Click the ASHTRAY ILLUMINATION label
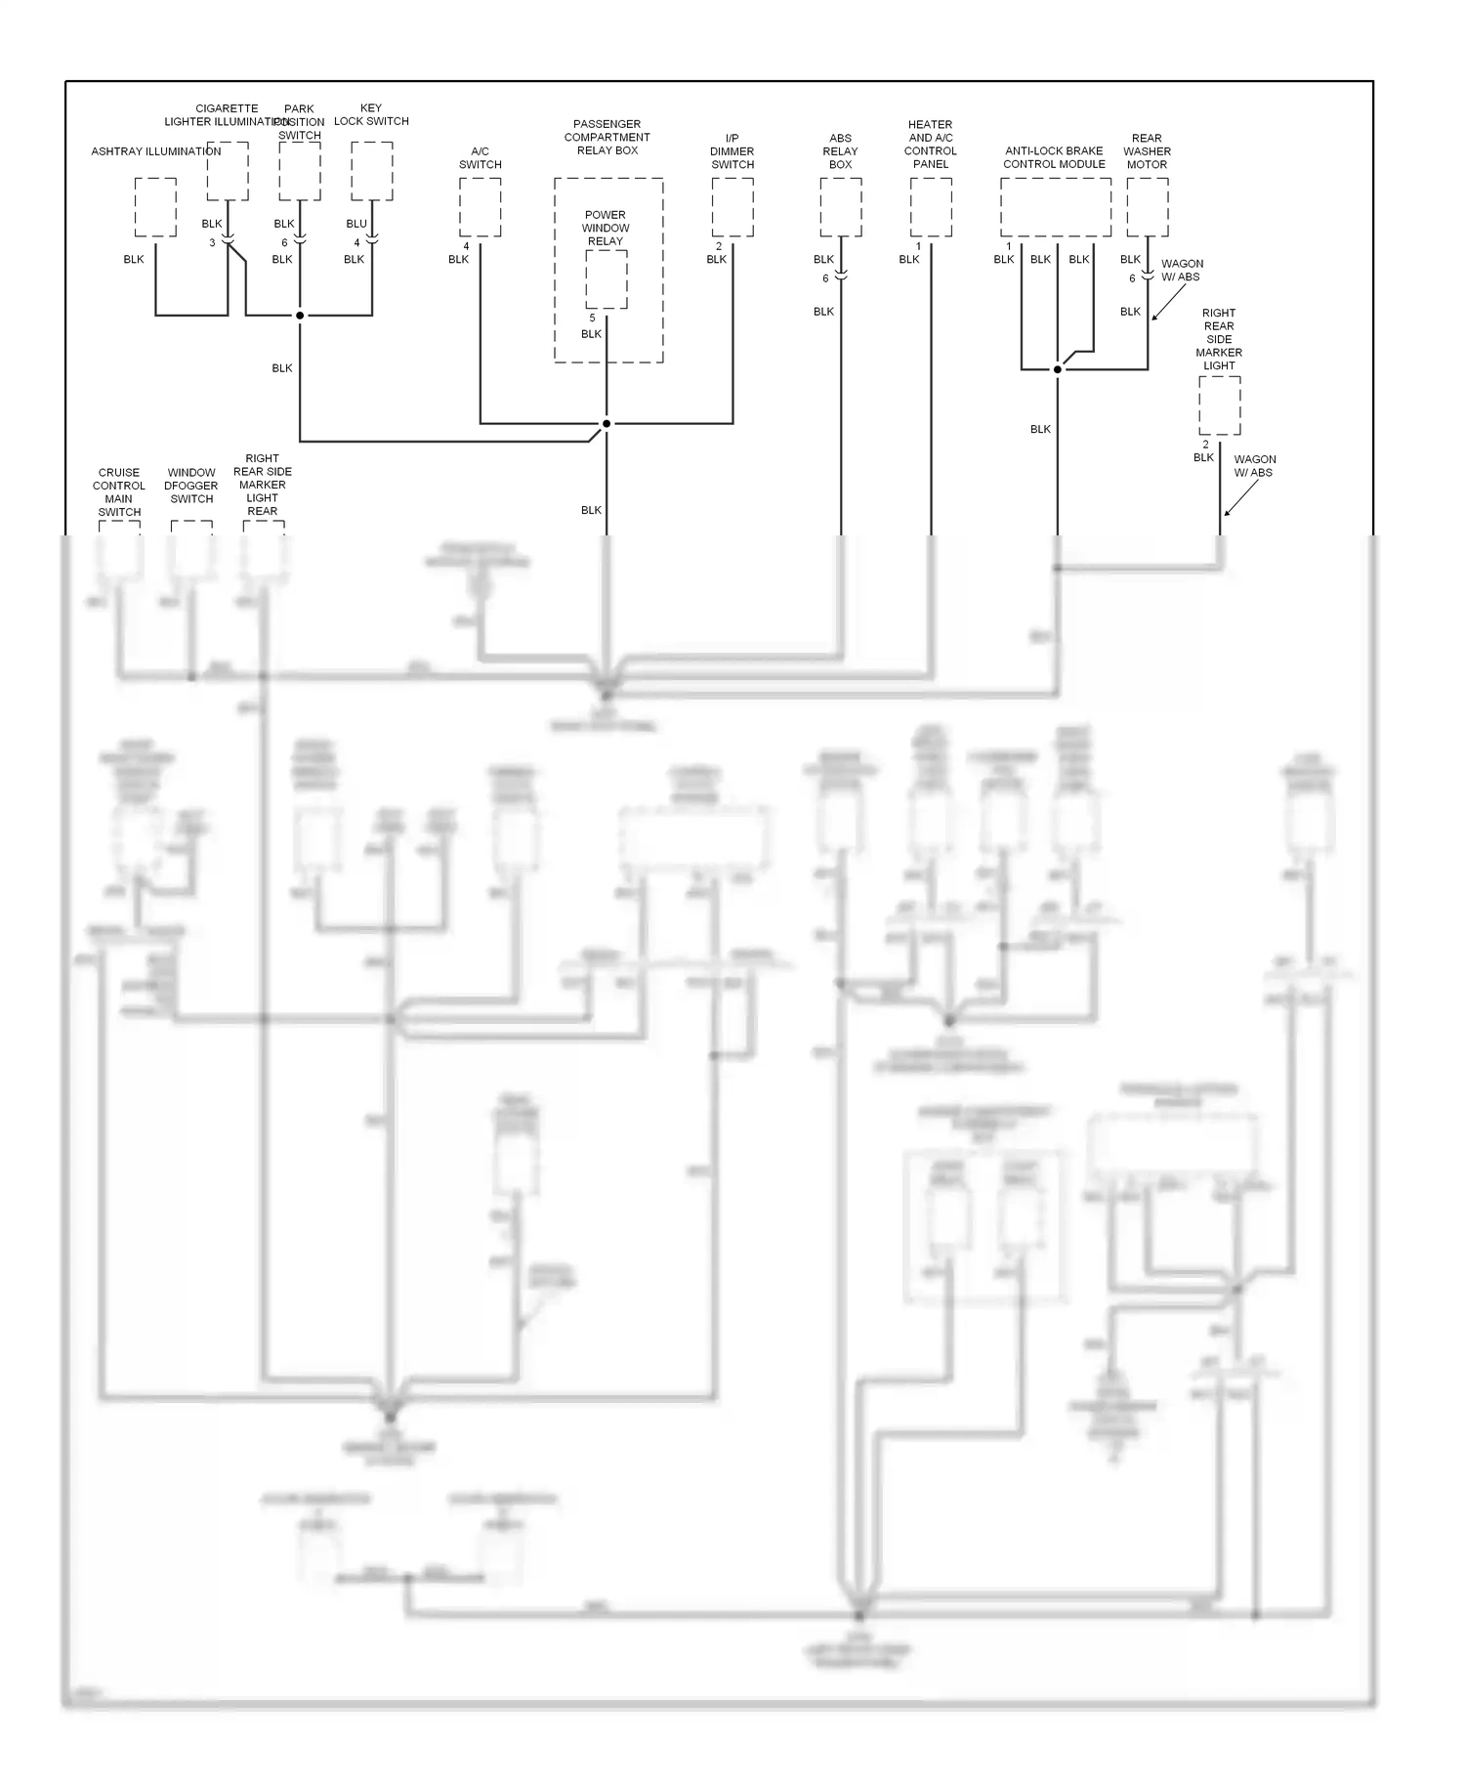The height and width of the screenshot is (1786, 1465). pyautogui.click(x=156, y=151)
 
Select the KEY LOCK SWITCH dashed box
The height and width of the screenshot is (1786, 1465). pyautogui.click(x=372, y=171)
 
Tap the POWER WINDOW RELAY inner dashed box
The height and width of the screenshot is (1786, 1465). pyautogui.click(x=607, y=279)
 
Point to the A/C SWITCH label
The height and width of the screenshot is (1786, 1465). pyautogui.click(x=480, y=158)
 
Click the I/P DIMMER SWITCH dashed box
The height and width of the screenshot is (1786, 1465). pyautogui.click(x=732, y=207)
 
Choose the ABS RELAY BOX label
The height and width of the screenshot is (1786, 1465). pyautogui.click(x=840, y=151)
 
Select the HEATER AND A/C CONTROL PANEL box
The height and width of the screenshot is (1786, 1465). pyautogui.click(x=931, y=207)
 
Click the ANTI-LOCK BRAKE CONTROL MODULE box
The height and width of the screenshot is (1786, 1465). pyautogui.click(x=1055, y=207)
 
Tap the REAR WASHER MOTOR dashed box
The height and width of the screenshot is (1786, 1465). pyautogui.click(x=1148, y=207)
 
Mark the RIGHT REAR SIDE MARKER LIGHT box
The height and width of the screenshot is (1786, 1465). pyautogui.click(x=1220, y=405)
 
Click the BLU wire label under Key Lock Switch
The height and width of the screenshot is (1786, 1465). pyautogui.click(x=356, y=224)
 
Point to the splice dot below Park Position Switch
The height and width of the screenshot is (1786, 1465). pyautogui.click(x=300, y=316)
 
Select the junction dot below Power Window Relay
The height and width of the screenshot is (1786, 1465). pyautogui.click(x=607, y=423)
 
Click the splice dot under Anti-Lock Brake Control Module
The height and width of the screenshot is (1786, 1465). pyautogui.click(x=1058, y=369)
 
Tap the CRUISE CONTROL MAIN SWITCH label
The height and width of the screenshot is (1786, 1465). pyautogui.click(x=119, y=491)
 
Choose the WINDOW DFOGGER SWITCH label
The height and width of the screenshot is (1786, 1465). pyautogui.click(x=191, y=486)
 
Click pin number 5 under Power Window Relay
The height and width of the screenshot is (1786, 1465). pyautogui.click(x=592, y=319)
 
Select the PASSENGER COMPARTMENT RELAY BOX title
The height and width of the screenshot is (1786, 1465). pyautogui.click(x=607, y=137)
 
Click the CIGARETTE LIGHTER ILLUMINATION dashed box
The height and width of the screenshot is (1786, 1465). pyautogui.click(x=228, y=171)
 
